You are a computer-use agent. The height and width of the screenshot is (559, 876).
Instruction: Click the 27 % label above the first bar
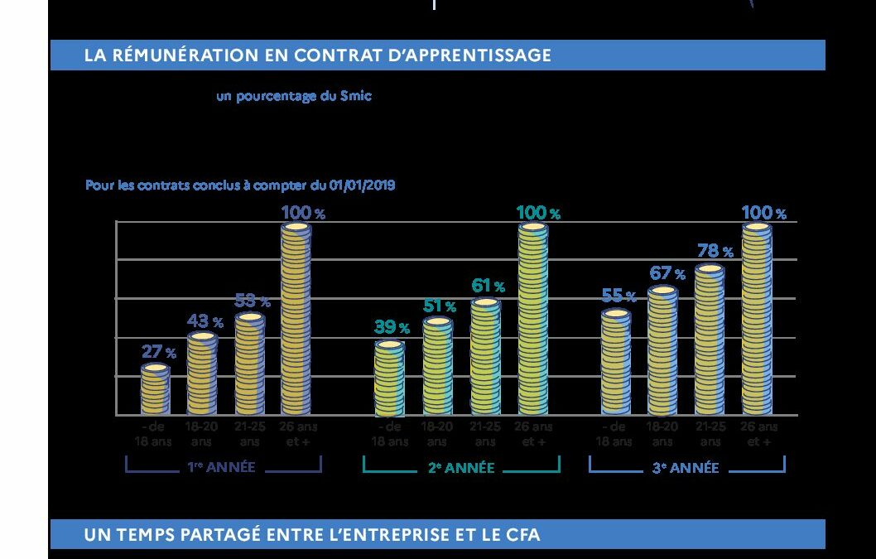(x=157, y=352)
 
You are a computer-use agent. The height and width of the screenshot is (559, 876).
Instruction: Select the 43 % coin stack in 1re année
(x=202, y=373)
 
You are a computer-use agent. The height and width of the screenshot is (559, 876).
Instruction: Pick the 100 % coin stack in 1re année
(x=296, y=319)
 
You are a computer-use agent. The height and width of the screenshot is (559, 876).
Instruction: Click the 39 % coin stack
(x=389, y=378)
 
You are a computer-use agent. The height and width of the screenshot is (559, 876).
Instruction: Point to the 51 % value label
(x=439, y=306)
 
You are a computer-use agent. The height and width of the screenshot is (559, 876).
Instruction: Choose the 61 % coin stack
(x=485, y=356)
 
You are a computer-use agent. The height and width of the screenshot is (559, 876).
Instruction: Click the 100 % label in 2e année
(x=538, y=213)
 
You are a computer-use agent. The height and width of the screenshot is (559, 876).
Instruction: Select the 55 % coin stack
(x=615, y=362)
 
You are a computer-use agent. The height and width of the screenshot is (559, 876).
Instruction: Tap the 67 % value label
(x=667, y=273)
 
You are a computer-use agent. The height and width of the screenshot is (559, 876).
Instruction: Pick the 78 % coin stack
(x=710, y=340)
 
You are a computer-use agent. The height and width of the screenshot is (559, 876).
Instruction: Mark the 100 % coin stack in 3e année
(x=756, y=319)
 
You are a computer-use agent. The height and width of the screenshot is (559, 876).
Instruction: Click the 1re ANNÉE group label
(x=221, y=468)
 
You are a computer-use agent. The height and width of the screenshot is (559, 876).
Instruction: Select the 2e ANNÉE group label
(x=461, y=468)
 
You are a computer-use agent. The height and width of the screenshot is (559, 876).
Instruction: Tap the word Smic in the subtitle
(x=356, y=96)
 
